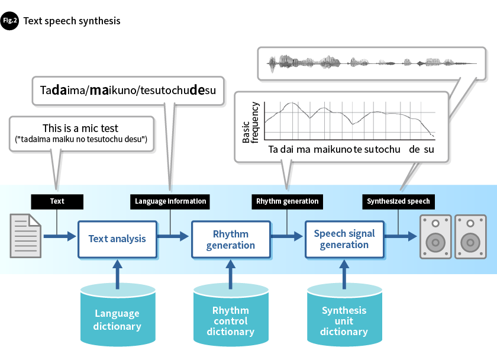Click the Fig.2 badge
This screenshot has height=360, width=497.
click(10, 21)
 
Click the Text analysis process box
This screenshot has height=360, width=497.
click(117, 239)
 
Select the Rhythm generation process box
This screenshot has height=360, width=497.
click(231, 239)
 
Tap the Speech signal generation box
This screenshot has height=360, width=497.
click(344, 239)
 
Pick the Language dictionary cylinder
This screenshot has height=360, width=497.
click(117, 315)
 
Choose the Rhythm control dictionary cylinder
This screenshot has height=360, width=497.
click(231, 315)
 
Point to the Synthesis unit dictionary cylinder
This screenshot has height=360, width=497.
click(344, 315)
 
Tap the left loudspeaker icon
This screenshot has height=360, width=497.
click(435, 236)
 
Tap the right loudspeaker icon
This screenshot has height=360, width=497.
click(470, 236)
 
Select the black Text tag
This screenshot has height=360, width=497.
click(57, 201)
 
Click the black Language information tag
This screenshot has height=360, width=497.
click(170, 201)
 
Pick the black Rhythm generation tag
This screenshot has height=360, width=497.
click(287, 201)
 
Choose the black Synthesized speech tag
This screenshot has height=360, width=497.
click(398, 201)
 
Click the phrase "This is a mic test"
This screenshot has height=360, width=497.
click(80, 128)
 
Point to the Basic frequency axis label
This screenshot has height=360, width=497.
click(251, 123)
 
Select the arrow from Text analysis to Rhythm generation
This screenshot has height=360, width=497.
click(175, 237)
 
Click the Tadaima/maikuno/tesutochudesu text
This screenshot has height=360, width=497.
click(128, 91)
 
